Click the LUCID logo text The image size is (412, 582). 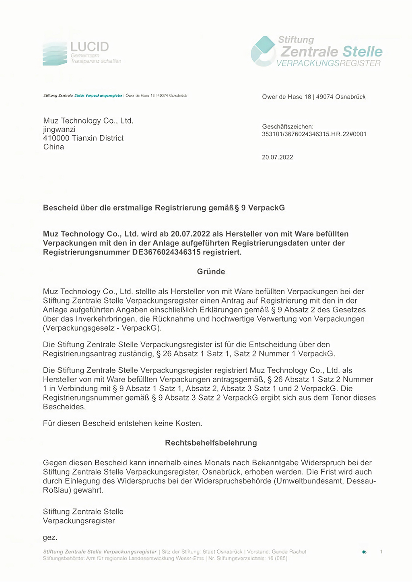[x=89, y=47]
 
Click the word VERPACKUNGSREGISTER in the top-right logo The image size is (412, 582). [x=328, y=63]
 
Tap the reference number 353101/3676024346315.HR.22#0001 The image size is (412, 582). [x=314, y=134]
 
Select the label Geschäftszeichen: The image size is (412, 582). [x=287, y=126]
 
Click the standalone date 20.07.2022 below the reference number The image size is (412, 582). [x=277, y=157]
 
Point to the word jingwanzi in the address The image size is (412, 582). [x=59, y=129]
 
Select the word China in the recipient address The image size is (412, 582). [x=54, y=147]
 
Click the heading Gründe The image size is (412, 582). [x=211, y=272]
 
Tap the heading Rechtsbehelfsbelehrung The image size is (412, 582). [x=211, y=443]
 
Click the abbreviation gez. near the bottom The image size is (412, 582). [x=50, y=538]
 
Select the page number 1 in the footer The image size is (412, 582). [x=381, y=552]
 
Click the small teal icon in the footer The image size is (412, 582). [x=364, y=552]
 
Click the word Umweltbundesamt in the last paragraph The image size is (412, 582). [x=309, y=481]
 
